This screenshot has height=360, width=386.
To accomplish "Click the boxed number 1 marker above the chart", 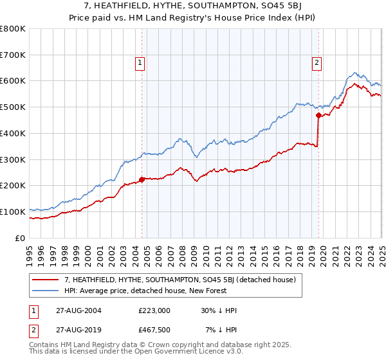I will pos(140,63).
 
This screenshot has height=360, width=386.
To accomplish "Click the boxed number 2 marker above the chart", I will pos(318,63).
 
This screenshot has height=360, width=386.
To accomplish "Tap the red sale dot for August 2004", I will pos(142,179).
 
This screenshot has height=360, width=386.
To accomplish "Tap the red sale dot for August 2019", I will pos(318,116).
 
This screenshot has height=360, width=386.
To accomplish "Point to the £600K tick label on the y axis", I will pos(13,81).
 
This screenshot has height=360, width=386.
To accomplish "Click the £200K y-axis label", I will pos(13,186).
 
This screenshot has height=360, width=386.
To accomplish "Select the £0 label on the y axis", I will pos(20,238).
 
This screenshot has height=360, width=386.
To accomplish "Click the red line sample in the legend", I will pos(46,280).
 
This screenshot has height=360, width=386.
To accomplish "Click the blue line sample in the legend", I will pos(46,291).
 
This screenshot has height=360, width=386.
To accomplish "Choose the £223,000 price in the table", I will pos(154,310).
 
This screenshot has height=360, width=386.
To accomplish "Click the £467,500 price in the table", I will pos(154,330).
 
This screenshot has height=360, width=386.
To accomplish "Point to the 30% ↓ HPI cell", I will pos(218,310).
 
